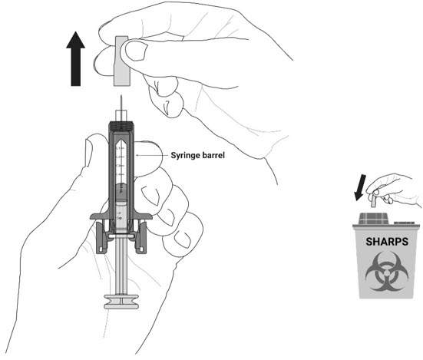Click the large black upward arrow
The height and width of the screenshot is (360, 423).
75,59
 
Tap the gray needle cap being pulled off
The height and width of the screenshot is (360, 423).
122,61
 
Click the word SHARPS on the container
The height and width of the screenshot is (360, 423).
387,242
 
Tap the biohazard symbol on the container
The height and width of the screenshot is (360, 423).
387,272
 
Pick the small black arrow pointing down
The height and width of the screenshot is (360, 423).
360,188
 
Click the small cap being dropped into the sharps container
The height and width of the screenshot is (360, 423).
374,201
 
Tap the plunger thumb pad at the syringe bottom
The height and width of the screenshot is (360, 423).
121,302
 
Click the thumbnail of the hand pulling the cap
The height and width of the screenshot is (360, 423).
137,51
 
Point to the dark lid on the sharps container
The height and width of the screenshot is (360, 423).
374,219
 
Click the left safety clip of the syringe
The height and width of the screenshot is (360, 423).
101,237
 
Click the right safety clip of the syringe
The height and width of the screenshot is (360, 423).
141,237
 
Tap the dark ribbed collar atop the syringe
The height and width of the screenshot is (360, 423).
121,126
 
